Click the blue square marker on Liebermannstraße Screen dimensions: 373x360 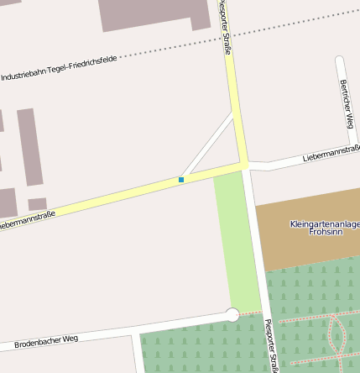point(181,180)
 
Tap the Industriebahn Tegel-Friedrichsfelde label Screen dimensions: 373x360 point(58,67)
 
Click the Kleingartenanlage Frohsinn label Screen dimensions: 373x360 point(325,228)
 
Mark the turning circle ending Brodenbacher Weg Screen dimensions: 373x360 point(232,315)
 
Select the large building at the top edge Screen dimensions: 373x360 point(155,13)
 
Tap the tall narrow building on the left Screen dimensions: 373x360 point(29,147)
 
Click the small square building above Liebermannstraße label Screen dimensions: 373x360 point(37,204)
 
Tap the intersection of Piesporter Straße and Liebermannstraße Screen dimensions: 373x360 point(244,165)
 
